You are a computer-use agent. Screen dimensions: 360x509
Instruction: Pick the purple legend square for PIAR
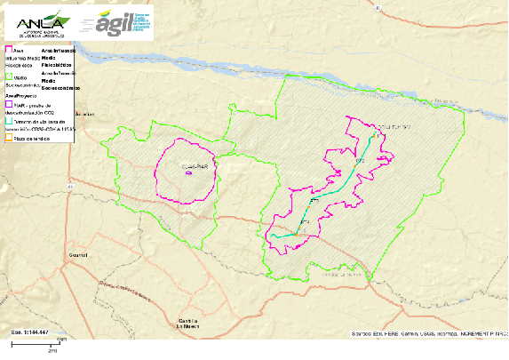tap(8, 105)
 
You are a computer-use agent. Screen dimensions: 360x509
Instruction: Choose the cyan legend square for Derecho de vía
tap(8, 121)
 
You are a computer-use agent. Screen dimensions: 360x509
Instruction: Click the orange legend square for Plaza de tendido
tap(8, 139)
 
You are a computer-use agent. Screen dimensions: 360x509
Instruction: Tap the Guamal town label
tap(79, 254)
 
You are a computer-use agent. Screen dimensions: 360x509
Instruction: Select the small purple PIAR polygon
tap(188, 173)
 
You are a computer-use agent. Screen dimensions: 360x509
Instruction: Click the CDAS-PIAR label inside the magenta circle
tap(193, 166)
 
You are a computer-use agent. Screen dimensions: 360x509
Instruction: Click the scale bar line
tap(39, 344)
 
